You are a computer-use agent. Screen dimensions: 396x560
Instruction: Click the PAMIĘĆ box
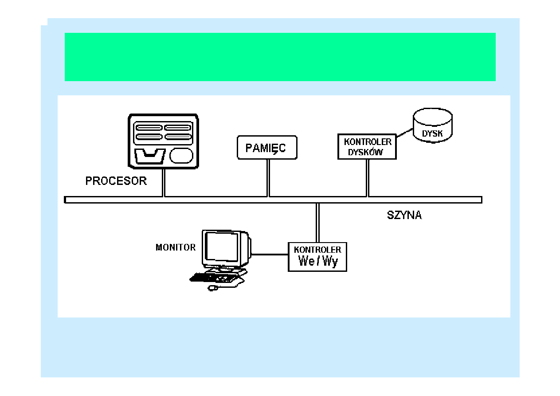267,148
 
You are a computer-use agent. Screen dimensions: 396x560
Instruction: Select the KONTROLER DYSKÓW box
367,147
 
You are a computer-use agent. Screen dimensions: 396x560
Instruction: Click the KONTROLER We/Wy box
317,257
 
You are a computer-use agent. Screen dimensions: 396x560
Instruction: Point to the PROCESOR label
116,181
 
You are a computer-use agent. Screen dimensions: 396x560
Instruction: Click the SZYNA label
404,216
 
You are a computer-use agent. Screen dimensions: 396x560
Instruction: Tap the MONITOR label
176,247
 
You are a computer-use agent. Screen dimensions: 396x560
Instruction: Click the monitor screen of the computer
220,248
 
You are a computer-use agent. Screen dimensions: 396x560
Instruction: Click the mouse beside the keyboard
213,288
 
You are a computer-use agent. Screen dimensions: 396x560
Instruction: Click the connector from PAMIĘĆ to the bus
268,177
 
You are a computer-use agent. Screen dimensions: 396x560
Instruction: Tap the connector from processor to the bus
164,182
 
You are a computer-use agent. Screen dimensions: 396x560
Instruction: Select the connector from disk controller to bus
367,177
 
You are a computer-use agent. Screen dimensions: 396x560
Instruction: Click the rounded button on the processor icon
182,156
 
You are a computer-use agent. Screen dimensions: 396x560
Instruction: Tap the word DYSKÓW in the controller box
364,152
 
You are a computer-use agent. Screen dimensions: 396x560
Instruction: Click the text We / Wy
318,261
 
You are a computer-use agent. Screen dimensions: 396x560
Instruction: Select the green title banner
280,57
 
